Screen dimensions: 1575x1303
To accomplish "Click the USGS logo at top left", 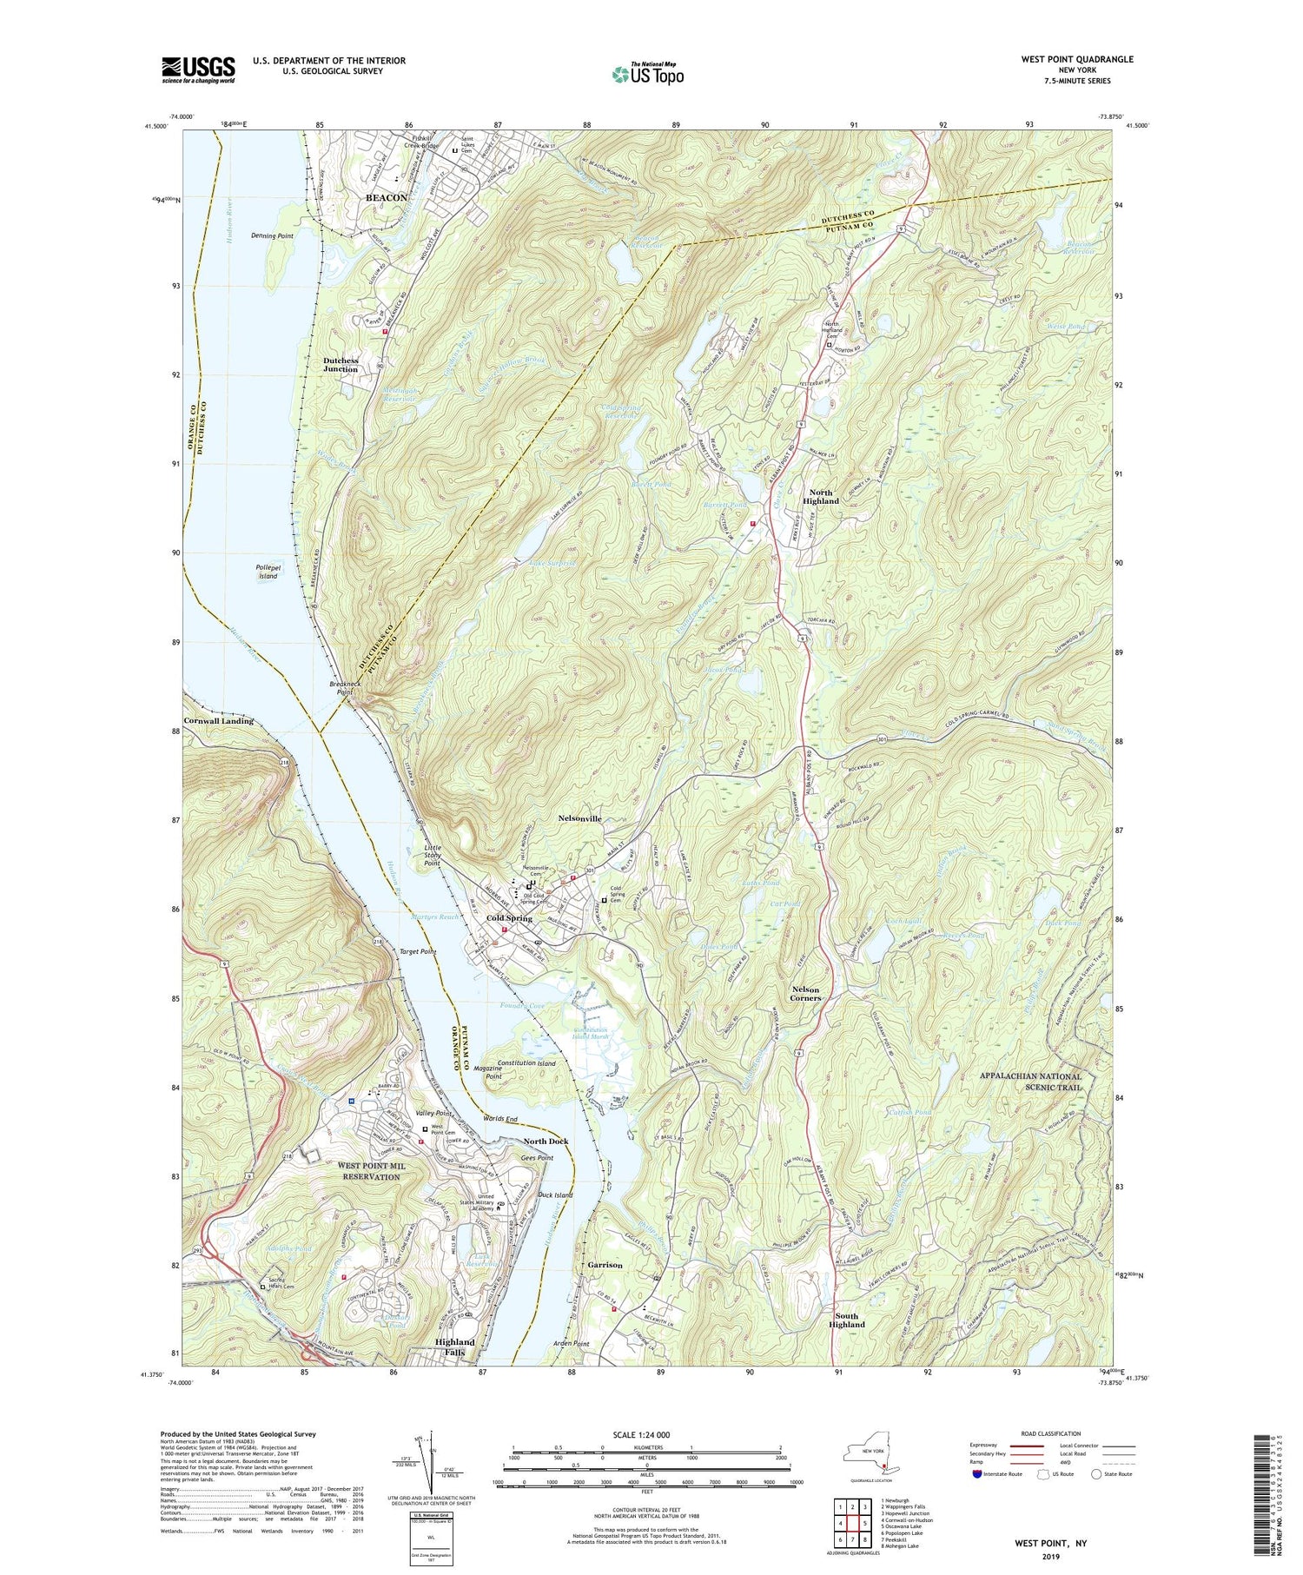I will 198,69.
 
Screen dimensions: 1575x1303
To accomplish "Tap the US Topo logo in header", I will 647,75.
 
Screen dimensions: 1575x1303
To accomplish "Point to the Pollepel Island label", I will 267,572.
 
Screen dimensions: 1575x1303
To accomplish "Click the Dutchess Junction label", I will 341,365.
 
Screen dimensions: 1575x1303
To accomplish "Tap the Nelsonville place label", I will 580,818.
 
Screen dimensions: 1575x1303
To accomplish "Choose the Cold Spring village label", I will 509,918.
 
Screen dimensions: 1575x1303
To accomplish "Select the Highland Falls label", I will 454,1347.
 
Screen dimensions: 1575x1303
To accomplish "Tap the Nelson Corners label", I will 805,994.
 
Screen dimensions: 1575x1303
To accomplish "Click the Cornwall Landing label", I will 218,721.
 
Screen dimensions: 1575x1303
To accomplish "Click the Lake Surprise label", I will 552,564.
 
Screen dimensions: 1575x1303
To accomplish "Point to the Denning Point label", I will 272,236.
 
